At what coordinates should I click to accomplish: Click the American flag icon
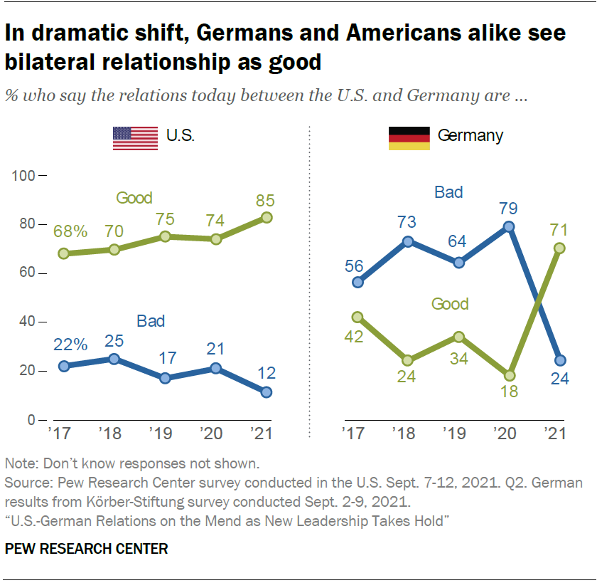point(135,138)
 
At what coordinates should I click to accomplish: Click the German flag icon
point(409,138)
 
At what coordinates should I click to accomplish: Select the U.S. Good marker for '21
point(267,218)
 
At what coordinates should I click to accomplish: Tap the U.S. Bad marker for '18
point(114,359)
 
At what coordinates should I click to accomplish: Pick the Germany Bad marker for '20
point(508,227)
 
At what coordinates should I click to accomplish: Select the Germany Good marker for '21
point(560,248)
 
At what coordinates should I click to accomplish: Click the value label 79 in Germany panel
point(508,209)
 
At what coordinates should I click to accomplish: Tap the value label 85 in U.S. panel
point(267,200)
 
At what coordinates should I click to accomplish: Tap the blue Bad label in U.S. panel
point(150,322)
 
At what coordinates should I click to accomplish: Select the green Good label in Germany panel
point(450,304)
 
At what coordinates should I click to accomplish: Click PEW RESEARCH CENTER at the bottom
point(86,549)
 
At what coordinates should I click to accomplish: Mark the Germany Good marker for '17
point(357,317)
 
